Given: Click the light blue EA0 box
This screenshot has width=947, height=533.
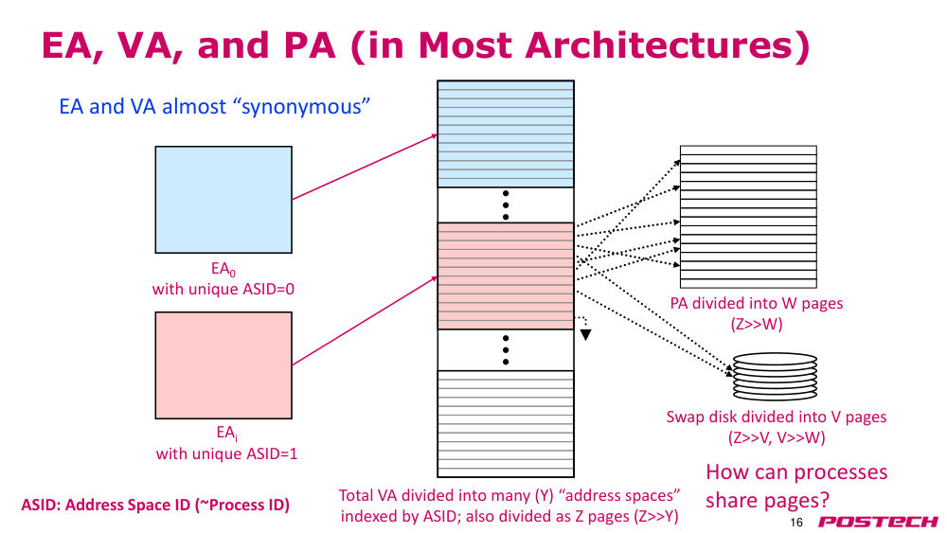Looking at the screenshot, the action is (223, 199).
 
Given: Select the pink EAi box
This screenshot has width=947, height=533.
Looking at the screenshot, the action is (223, 365).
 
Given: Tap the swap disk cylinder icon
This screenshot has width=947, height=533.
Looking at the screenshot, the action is (775, 376).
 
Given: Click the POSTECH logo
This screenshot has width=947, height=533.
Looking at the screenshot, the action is (878, 522).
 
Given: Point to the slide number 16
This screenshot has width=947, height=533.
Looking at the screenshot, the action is (796, 523).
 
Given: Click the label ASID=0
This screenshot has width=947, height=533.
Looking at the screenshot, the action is (268, 289).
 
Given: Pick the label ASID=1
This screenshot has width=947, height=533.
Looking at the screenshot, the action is (271, 453).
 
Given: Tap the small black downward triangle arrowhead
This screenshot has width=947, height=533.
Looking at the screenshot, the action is (585, 334).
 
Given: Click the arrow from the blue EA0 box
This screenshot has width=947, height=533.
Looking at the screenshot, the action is (365, 168).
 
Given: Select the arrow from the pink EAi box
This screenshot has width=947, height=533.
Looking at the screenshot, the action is (365, 321).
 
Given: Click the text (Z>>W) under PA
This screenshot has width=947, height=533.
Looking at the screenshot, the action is (756, 324).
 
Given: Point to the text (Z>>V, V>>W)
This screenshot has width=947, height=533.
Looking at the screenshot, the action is (777, 437).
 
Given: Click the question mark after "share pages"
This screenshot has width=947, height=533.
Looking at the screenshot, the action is (825, 501).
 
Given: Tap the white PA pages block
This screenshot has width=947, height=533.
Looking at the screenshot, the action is (748, 217).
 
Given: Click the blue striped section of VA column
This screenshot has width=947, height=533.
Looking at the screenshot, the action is (506, 134).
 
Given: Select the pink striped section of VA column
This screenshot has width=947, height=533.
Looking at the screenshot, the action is (506, 275).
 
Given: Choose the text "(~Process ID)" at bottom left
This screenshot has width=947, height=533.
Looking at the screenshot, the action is (242, 505).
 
